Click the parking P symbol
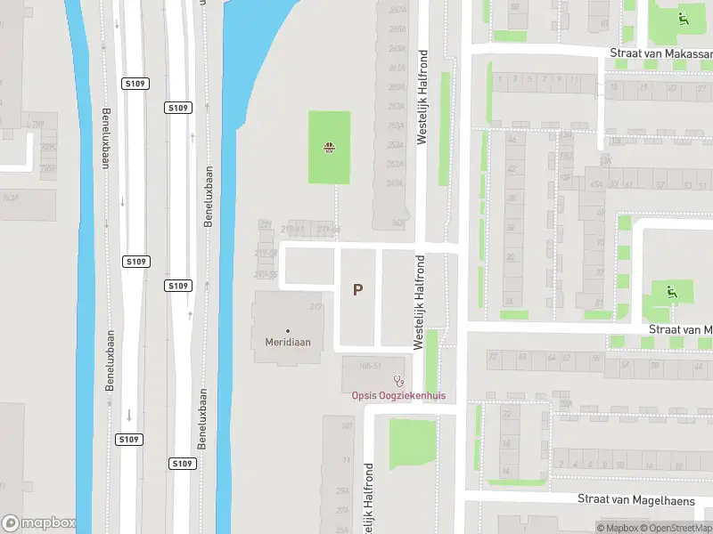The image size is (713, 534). [358, 289]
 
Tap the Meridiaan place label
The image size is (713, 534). [288, 341]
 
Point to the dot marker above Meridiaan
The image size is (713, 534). [288, 330]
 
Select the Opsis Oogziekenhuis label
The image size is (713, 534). [397, 395]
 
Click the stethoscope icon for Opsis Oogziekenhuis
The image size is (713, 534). [398, 381]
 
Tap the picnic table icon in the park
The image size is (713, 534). [329, 148]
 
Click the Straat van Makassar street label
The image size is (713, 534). [661, 53]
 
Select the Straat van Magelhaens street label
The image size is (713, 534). [635, 500]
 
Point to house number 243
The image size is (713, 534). [397, 222]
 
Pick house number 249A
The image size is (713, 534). [396, 183]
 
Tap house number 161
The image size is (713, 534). [347, 425]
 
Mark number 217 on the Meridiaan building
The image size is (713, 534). [315, 307]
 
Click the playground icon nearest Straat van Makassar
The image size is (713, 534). [683, 18]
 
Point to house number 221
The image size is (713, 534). [265, 224]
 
